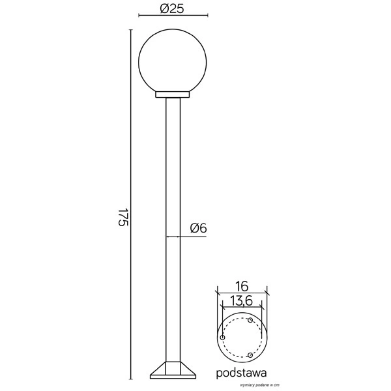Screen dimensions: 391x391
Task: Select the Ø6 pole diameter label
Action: pos(198,228)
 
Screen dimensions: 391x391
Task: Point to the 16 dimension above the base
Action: pos(242,286)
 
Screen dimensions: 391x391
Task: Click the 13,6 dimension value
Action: pos(242,301)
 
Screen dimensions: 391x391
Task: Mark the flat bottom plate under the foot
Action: pos(173,377)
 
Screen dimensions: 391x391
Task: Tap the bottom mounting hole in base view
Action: pos(250,354)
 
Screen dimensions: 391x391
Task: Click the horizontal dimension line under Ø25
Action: pos(173,16)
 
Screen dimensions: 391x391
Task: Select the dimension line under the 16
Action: pos(242,293)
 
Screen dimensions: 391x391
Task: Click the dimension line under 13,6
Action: pos(242,308)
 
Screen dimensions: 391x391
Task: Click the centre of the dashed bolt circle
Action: pos(241,338)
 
